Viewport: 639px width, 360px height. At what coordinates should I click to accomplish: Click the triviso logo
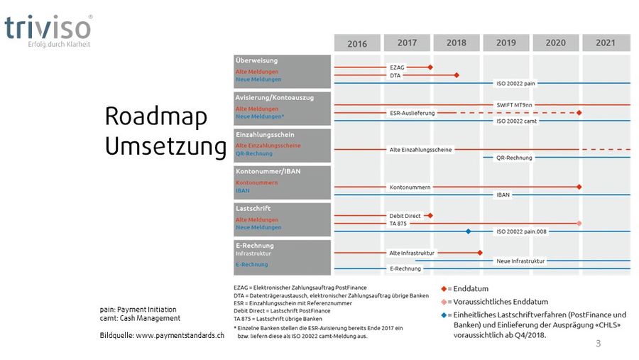coord(48,28)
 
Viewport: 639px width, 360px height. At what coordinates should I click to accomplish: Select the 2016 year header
coord(357,43)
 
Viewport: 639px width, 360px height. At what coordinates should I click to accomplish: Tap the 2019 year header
coord(506,43)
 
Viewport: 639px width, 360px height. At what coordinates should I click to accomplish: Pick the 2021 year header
coord(606,43)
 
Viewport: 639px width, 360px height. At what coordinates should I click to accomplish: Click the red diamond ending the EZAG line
coord(430,67)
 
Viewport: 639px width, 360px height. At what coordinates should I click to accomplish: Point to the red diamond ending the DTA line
coord(457,75)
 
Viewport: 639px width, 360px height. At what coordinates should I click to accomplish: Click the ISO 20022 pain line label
coord(515,83)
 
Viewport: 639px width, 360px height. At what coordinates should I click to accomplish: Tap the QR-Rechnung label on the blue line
coord(515,158)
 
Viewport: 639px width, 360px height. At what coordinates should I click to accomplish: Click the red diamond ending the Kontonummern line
coord(579,187)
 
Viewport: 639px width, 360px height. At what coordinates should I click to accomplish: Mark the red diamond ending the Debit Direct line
coord(430,215)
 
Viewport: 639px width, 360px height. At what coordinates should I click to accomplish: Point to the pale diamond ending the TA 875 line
coord(579,223)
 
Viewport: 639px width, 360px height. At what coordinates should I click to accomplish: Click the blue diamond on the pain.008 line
coord(469,231)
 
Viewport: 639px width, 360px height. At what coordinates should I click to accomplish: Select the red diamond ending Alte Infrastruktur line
coord(481,252)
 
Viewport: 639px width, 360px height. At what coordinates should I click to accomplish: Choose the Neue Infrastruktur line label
coord(520,261)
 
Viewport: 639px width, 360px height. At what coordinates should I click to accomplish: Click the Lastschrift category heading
coord(253,209)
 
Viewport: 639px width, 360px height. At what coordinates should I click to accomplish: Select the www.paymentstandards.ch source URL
coord(180,335)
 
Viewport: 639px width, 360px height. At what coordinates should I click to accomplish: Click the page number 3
coord(599,344)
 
